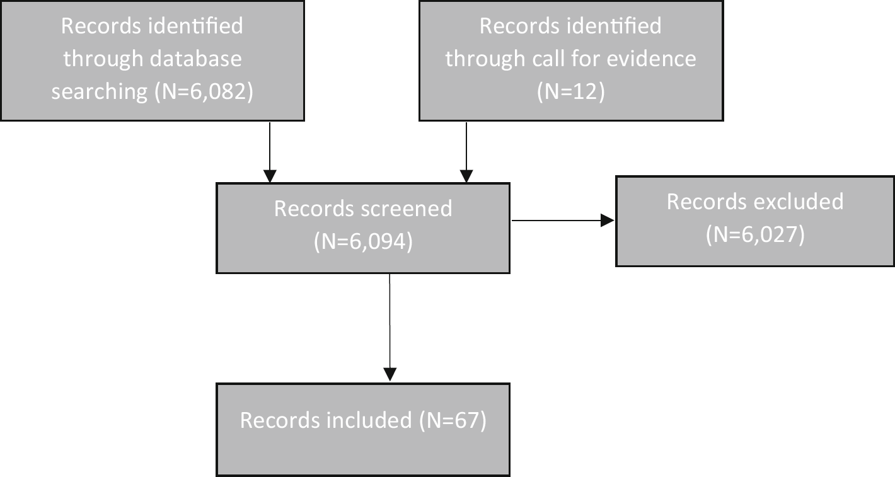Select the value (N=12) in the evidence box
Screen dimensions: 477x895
[x=570, y=92]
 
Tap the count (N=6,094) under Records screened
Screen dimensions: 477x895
[x=363, y=241]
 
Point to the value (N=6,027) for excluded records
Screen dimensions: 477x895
[x=755, y=234]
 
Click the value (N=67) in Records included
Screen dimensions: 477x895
[x=452, y=420]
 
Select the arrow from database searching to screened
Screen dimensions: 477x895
[x=270, y=151]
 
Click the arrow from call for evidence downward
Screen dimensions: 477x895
[x=466, y=151]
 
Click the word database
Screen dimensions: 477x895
[x=197, y=59]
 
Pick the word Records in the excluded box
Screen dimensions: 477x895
[x=705, y=201]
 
